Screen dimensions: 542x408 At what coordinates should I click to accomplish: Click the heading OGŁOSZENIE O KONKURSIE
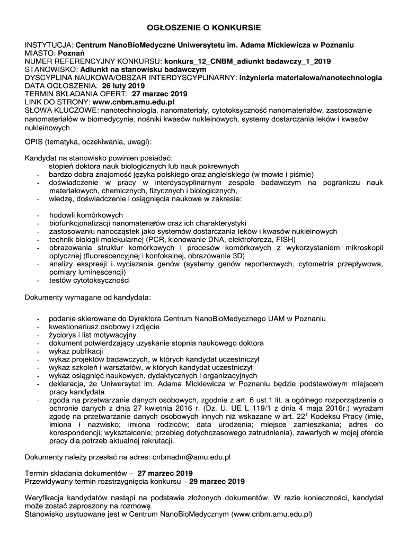[x=204, y=27]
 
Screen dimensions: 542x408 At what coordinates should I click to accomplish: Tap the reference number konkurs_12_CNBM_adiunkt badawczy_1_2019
[x=247, y=62]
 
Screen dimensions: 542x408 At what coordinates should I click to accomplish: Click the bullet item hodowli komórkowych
[x=86, y=215]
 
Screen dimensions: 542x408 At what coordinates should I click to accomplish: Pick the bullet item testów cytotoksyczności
[x=89, y=280]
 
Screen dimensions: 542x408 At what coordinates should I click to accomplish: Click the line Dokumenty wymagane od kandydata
[x=88, y=297]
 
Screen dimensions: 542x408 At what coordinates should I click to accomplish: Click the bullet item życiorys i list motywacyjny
[x=92, y=335]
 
